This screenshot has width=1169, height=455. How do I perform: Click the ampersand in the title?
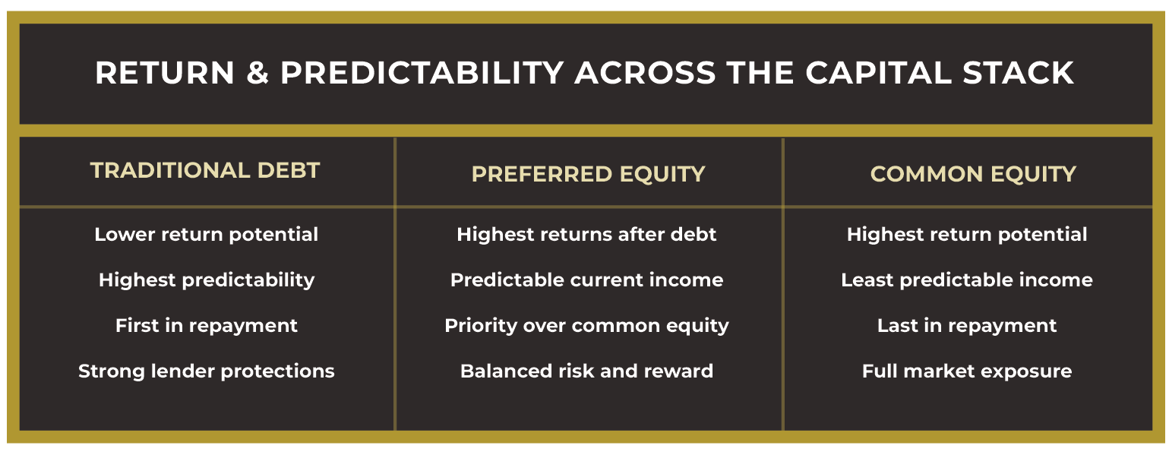pyautogui.click(x=257, y=72)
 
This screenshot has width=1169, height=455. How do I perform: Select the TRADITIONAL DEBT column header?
pyautogui.click(x=205, y=170)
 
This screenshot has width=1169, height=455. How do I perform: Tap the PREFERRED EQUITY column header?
pyautogui.click(x=588, y=174)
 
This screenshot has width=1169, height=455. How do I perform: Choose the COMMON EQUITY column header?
pyautogui.click(x=973, y=174)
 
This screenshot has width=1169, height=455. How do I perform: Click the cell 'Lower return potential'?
pyautogui.click(x=206, y=235)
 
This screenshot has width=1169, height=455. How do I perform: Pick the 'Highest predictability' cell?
pyautogui.click(x=207, y=280)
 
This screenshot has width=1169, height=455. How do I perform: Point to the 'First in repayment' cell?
pyautogui.click(x=206, y=326)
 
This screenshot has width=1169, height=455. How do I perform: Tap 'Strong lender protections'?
pyautogui.click(x=206, y=371)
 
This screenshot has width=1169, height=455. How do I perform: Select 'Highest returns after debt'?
pyautogui.click(x=586, y=234)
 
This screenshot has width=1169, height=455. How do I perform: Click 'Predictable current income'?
pyautogui.click(x=586, y=280)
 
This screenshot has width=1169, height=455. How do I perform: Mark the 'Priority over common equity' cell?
pyautogui.click(x=586, y=326)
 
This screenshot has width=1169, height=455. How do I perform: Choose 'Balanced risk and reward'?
pyautogui.click(x=586, y=371)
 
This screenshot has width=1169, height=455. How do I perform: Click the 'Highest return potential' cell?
pyautogui.click(x=967, y=235)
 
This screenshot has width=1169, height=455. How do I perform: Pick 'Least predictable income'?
pyautogui.click(x=967, y=280)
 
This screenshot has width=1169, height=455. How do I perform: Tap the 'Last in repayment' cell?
pyautogui.click(x=967, y=326)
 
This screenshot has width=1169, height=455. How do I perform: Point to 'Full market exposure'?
pyautogui.click(x=967, y=371)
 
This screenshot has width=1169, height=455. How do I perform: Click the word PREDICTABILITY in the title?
pyautogui.click(x=422, y=72)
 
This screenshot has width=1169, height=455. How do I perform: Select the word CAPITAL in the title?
pyautogui.click(x=879, y=72)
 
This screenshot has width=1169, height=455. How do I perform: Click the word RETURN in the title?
pyautogui.click(x=164, y=72)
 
